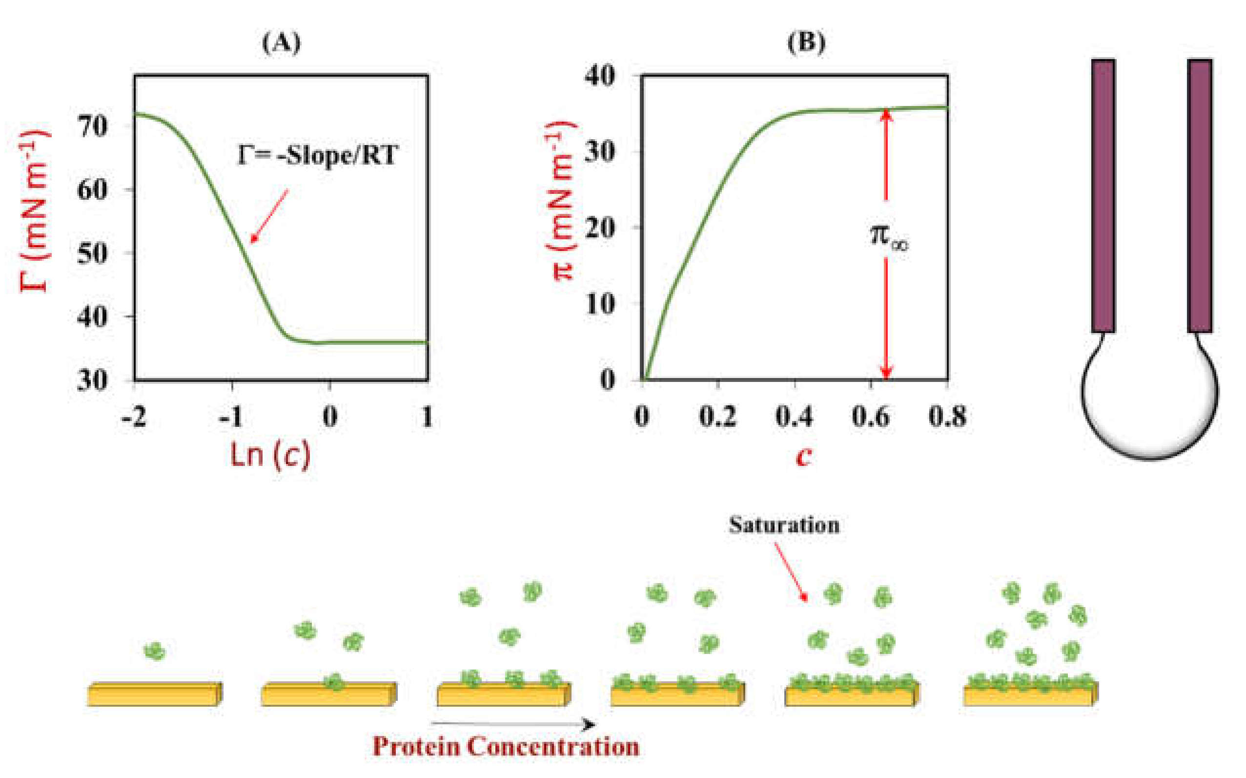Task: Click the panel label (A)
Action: (281, 42)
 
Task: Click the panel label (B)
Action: (806, 42)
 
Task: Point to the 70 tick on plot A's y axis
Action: (93, 126)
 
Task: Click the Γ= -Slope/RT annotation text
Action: (317, 155)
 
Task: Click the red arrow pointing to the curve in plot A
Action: (269, 215)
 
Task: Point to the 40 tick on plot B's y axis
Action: (600, 76)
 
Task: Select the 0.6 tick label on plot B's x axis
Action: (870, 417)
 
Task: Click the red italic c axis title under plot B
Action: (804, 455)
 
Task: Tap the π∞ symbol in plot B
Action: (889, 237)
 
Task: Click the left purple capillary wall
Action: (1103, 195)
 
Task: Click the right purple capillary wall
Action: (1200, 195)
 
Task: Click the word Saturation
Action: (784, 526)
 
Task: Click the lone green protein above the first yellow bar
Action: (154, 652)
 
